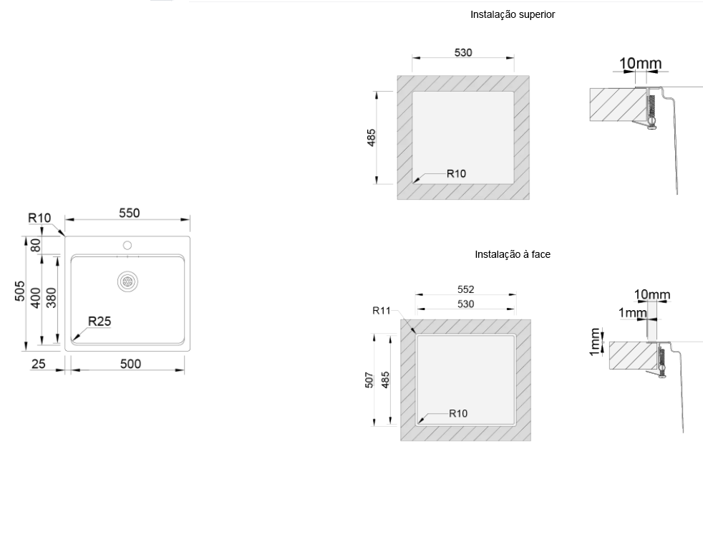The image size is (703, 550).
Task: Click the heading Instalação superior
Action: pyautogui.click(x=512, y=14)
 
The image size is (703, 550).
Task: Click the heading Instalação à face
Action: pyautogui.click(x=512, y=254)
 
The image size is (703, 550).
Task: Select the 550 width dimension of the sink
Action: pyautogui.click(x=129, y=213)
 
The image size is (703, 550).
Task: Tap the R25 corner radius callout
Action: pyautogui.click(x=100, y=322)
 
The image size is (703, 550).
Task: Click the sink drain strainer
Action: pyautogui.click(x=128, y=281)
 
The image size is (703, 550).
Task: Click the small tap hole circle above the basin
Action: pyautogui.click(x=127, y=246)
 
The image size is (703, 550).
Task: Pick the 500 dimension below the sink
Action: pyautogui.click(x=130, y=364)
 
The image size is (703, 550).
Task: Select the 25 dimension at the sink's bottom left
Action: pyautogui.click(x=38, y=364)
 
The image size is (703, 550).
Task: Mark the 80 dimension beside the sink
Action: pyautogui.click(x=35, y=244)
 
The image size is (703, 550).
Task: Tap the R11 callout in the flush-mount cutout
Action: pyautogui.click(x=382, y=310)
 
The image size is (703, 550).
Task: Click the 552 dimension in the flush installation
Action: pyautogui.click(x=465, y=289)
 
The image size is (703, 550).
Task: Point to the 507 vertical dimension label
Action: pyautogui.click(x=369, y=380)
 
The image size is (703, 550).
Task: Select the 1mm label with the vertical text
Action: pyautogui.click(x=595, y=341)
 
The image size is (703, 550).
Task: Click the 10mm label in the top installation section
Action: pyautogui.click(x=640, y=64)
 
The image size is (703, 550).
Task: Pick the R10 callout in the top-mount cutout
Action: pyautogui.click(x=456, y=173)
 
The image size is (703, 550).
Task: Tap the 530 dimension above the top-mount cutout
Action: pyautogui.click(x=463, y=52)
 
